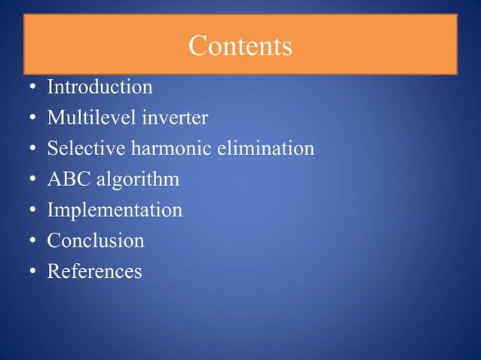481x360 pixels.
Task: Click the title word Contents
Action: (240, 46)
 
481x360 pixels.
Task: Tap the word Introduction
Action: (100, 87)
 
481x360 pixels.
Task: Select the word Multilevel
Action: (82, 118)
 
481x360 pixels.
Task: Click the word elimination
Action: (265, 148)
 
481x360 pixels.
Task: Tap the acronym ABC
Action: (68, 179)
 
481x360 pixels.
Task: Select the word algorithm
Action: (137, 181)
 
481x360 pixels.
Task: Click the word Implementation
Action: (115, 211)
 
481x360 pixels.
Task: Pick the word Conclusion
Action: (96, 241)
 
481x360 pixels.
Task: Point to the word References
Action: (94, 271)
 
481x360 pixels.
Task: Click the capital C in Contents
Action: (198, 46)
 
